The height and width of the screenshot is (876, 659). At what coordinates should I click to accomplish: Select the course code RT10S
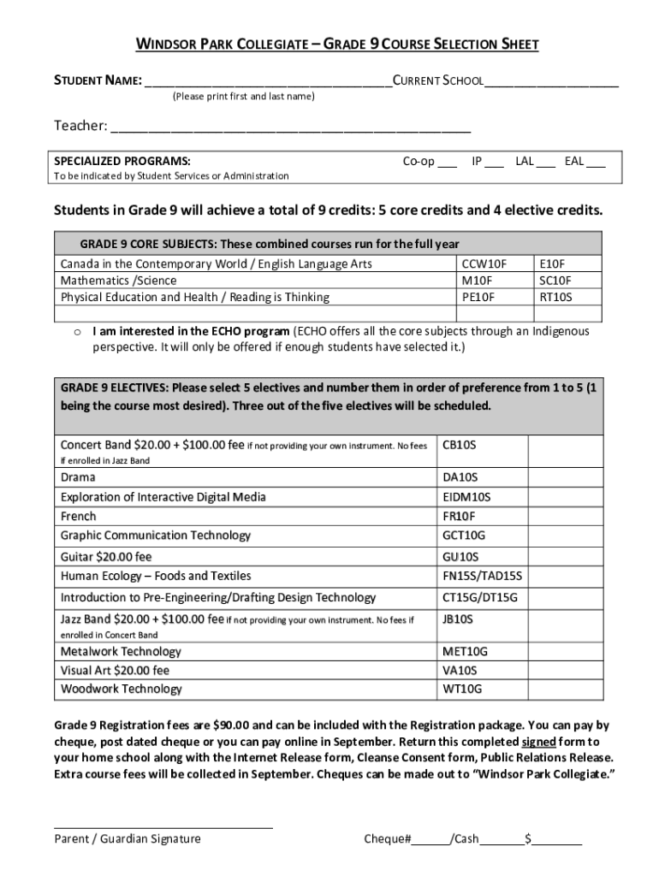tap(555, 298)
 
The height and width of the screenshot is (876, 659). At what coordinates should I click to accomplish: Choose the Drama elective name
tap(78, 477)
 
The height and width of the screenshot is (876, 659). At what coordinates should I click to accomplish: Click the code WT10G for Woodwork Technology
tap(462, 689)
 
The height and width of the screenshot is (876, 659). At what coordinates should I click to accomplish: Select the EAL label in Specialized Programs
tap(574, 161)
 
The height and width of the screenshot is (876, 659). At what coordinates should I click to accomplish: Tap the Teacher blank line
tap(291, 129)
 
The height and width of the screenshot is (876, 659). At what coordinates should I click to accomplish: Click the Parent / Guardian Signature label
tap(128, 838)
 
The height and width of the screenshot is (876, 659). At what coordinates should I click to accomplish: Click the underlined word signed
tap(539, 741)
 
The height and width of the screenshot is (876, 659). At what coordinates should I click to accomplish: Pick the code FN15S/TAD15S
tap(482, 576)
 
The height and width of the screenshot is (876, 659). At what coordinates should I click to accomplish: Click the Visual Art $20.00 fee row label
tap(115, 670)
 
